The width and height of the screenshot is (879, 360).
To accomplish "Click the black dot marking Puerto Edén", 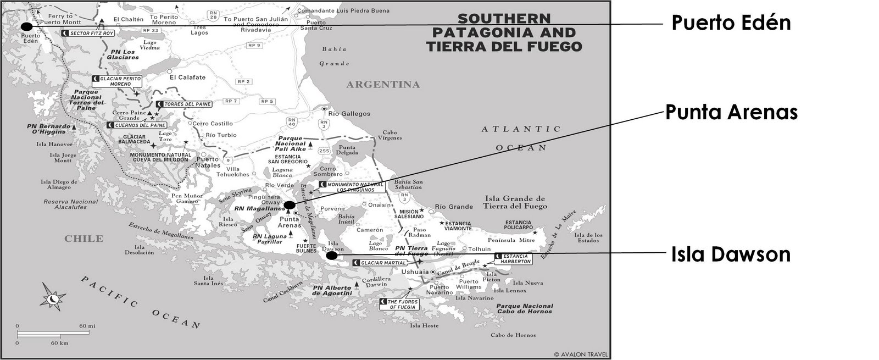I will coord(26,26).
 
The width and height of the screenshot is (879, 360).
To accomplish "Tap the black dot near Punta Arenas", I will coord(289,205).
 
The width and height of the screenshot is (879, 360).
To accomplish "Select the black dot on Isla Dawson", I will coord(331,256).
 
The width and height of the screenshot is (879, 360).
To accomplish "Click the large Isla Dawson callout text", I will coord(731,254).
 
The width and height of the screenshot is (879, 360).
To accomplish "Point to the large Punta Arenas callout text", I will coord(731,112).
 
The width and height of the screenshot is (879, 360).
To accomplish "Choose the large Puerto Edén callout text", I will coord(731,23).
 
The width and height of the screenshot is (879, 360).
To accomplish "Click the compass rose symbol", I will coord(53,298).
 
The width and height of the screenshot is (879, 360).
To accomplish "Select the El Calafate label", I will coord(187,77).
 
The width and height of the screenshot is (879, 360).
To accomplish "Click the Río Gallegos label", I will coord(349,114).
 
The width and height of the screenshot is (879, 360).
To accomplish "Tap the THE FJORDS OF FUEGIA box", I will coord(399,304).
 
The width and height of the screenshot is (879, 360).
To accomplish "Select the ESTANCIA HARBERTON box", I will coord(513,259).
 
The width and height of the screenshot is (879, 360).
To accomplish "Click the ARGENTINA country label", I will coord(383,85).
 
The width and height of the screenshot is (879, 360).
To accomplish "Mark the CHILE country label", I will coord(84,239).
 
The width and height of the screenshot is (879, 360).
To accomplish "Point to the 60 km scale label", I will coord(59,343).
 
